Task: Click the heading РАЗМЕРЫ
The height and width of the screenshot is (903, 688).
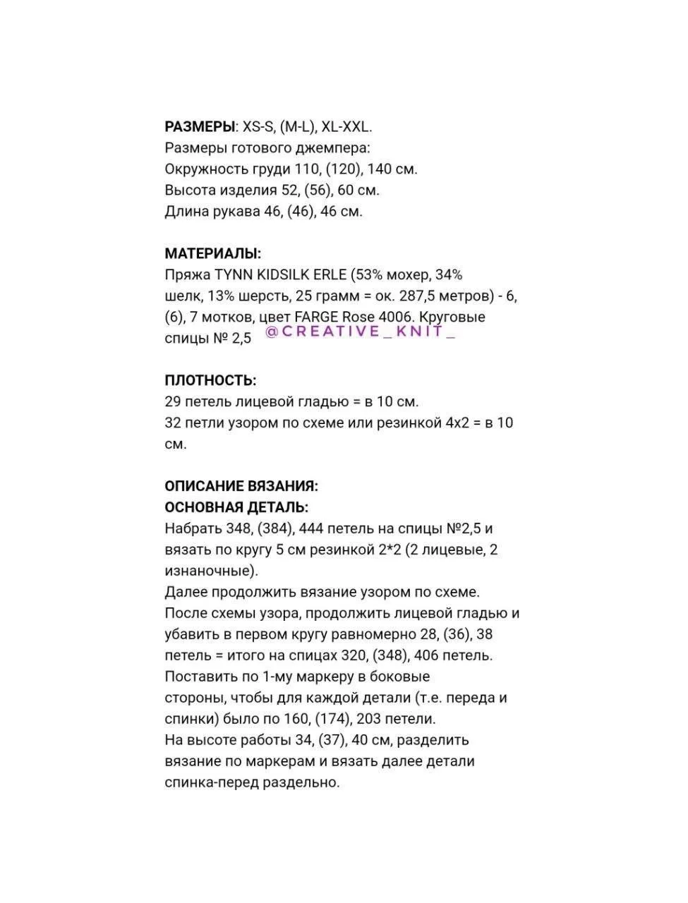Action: point(200,127)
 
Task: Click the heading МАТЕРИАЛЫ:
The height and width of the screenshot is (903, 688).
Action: point(212,253)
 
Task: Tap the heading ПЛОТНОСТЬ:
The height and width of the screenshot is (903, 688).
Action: point(210,380)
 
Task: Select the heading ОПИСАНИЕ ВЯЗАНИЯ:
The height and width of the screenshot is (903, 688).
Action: point(241,486)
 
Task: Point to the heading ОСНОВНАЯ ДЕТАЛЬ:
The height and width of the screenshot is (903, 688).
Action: point(236,507)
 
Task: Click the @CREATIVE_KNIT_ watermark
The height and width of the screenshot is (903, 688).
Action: point(361,332)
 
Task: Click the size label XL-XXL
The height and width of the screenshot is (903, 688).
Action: point(346,127)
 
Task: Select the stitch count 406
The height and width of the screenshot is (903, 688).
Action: point(430,655)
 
